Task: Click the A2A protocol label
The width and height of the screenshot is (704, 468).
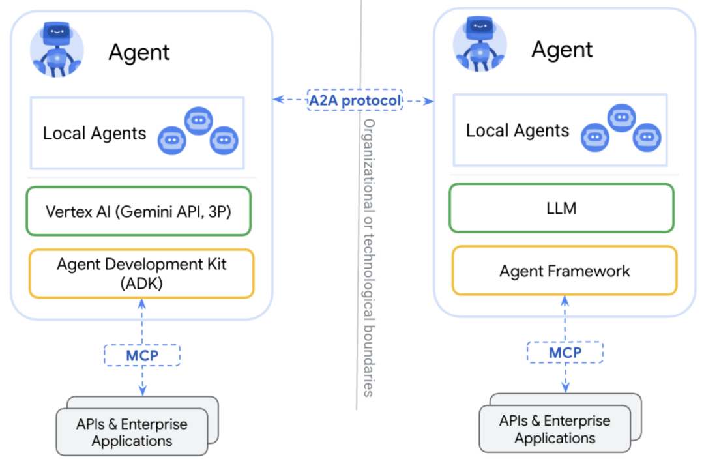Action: point(355,100)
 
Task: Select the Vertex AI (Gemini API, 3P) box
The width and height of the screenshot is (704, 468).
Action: point(138,211)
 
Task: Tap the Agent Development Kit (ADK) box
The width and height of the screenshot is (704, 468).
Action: point(141,274)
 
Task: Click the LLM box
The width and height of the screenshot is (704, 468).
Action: point(562,208)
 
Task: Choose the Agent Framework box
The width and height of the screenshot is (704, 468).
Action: point(565,271)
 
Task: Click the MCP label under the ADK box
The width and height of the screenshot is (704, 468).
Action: point(142,355)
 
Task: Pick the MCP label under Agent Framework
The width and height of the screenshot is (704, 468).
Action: point(565,352)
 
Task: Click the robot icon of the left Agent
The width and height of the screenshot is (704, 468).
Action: point(57,50)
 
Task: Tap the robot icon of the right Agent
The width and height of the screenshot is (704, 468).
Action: point(480,44)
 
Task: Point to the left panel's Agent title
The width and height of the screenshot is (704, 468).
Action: point(139,53)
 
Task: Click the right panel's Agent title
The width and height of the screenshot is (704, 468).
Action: point(562,50)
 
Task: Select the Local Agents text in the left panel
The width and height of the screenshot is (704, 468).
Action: point(95,134)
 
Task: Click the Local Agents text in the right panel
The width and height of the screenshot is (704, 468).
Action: point(517,131)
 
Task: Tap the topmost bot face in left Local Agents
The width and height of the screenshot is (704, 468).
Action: point(198,121)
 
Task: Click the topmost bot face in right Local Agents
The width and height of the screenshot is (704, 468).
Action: point(621,118)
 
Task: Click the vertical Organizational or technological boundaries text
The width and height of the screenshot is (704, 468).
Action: point(368,258)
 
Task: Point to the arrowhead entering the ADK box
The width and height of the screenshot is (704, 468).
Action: point(142,304)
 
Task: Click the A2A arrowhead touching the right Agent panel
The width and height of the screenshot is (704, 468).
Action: point(429,101)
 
